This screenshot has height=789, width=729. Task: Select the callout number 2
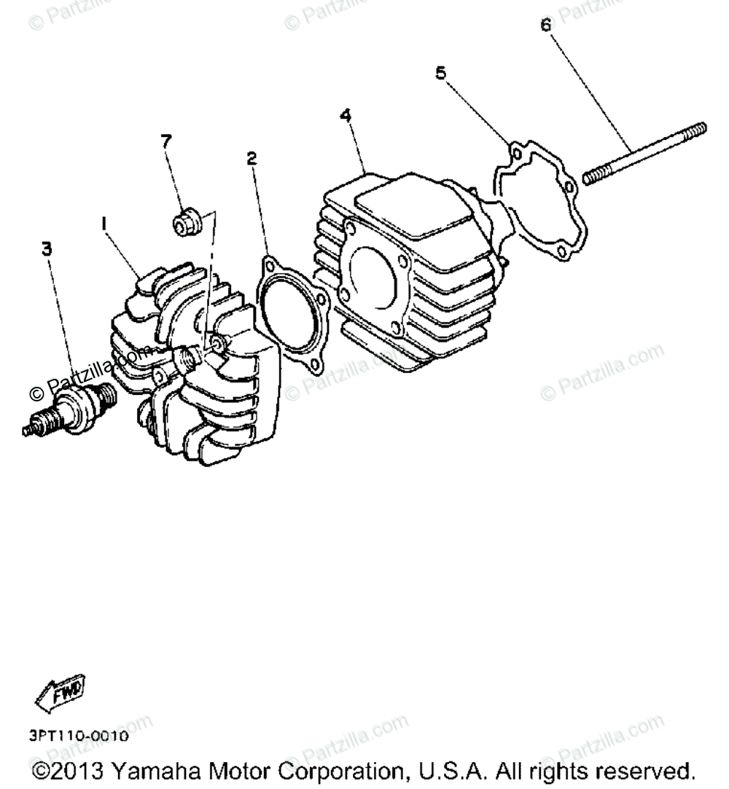pyautogui.click(x=252, y=157)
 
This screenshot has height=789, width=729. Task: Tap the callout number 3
pyautogui.click(x=47, y=249)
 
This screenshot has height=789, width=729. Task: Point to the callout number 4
pyautogui.click(x=346, y=115)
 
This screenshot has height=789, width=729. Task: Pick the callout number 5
pyautogui.click(x=440, y=72)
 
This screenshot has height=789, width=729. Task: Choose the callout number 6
pyautogui.click(x=545, y=24)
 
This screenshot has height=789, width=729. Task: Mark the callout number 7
pyautogui.click(x=167, y=141)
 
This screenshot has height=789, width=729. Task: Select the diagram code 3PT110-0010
pyautogui.click(x=79, y=737)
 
